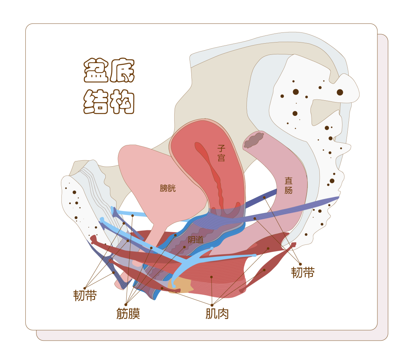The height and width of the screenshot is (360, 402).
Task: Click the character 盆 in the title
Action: [x=96, y=70]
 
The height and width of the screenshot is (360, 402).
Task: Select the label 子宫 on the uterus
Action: [x=221, y=153]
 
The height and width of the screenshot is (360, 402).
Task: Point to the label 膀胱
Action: [x=167, y=188]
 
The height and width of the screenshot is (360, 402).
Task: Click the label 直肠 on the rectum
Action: [x=288, y=185]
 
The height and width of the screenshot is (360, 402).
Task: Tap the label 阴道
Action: [x=195, y=240]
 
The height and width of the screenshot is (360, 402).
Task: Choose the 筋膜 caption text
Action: [x=128, y=314]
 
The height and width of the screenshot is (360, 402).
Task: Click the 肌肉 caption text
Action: [x=217, y=314]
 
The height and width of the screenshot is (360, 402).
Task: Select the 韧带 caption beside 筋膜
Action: [x=85, y=296]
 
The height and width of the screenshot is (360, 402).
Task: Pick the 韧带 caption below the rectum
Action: [x=303, y=272]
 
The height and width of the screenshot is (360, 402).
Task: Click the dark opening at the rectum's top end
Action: [x=254, y=140]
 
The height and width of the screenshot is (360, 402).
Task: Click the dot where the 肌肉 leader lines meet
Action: [x=212, y=305]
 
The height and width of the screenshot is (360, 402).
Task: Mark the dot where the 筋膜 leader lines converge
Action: [x=126, y=304]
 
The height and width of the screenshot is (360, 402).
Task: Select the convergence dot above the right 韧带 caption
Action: [x=300, y=264]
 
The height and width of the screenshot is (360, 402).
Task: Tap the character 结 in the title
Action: [x=96, y=101]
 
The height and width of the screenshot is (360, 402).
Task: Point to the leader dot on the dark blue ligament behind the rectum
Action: [x=264, y=198]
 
